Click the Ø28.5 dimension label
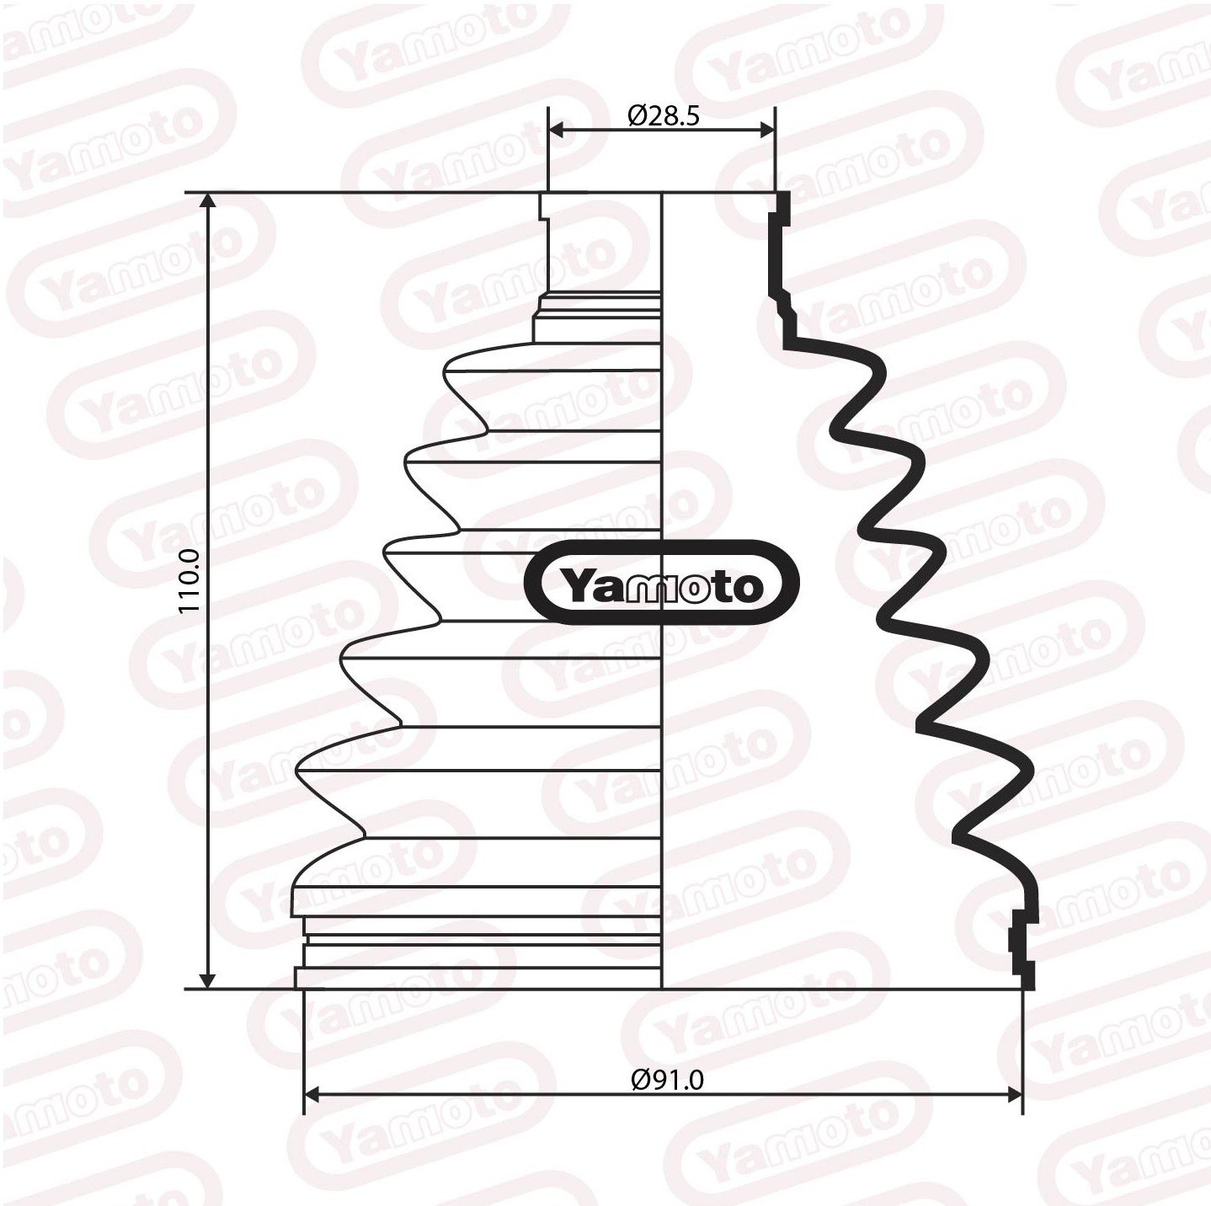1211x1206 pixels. [664, 115]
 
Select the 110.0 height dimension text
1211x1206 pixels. [189, 581]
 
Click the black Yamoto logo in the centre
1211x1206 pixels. [662, 582]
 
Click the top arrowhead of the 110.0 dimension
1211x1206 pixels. [208, 200]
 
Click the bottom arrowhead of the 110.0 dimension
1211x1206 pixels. [208, 980]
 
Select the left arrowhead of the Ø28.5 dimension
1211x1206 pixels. [557, 130]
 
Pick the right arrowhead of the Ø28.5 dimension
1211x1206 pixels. [766, 130]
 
